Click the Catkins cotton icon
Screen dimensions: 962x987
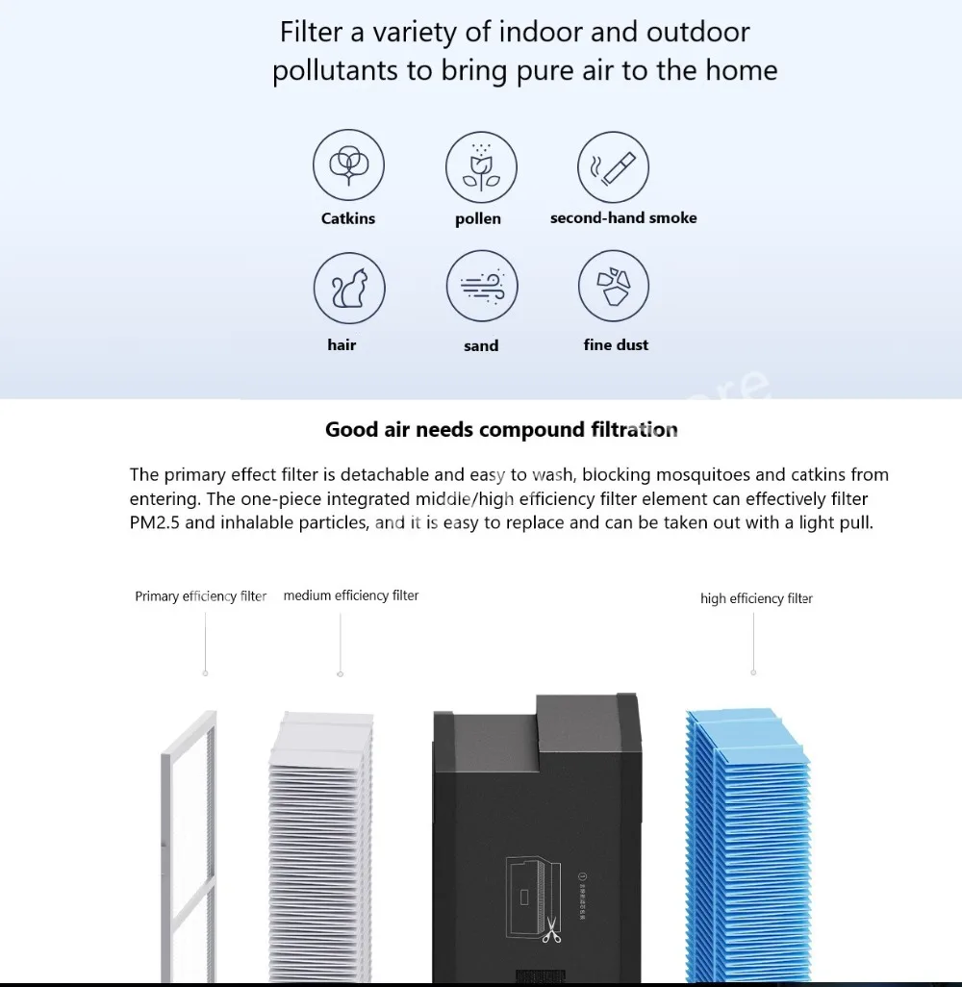click(x=348, y=165)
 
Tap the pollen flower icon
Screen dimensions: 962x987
click(x=480, y=165)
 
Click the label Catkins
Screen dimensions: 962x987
click(x=348, y=218)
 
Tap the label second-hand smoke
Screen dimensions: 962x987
click(x=623, y=218)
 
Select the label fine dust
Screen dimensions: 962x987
click(x=616, y=344)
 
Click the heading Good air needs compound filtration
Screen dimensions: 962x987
click(x=501, y=429)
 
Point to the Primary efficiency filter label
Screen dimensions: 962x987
click(x=200, y=596)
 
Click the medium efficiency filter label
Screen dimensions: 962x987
click(x=351, y=595)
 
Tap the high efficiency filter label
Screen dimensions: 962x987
click(x=756, y=598)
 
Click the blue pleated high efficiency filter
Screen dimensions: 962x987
click(x=747, y=847)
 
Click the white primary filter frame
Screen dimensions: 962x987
click(x=189, y=847)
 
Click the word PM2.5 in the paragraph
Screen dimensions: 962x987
click(x=154, y=524)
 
